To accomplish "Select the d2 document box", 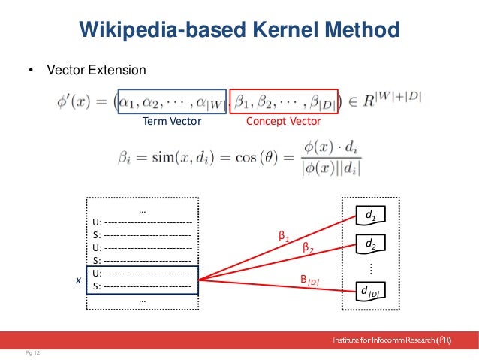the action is pyautogui.click(x=370, y=244).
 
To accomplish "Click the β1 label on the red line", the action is pyautogui.click(x=283, y=236).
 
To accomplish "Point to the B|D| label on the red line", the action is pyautogui.click(x=309, y=280).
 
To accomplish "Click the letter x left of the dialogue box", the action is pyautogui.click(x=77, y=279).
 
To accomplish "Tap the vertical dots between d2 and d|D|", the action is pyautogui.click(x=370, y=268).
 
